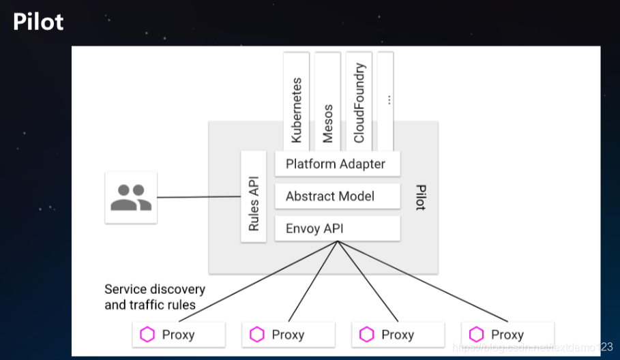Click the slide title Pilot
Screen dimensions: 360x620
click(38, 22)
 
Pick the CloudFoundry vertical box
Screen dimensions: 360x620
click(359, 101)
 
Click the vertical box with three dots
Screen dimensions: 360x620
click(385, 100)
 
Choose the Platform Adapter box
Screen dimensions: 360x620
click(337, 164)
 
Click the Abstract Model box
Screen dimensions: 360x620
click(337, 196)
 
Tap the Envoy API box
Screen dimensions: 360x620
click(337, 228)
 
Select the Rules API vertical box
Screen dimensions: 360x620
click(254, 196)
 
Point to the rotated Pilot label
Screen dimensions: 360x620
click(419, 196)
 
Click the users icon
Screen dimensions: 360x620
click(131, 197)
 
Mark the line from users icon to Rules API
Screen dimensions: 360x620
click(198, 197)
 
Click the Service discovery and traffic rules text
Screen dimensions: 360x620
click(155, 297)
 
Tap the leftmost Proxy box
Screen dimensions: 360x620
click(179, 335)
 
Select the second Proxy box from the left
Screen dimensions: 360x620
click(289, 335)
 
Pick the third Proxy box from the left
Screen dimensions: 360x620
click(398, 335)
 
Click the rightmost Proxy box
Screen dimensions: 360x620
click(508, 335)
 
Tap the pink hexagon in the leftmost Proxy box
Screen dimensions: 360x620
click(147, 335)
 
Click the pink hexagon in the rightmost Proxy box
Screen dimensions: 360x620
click(477, 335)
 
